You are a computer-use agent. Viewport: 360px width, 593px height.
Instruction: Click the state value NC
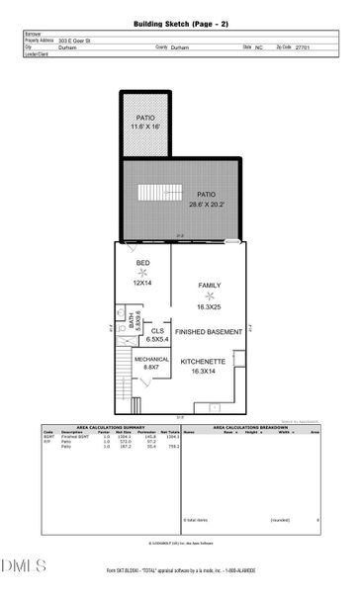(x=259, y=46)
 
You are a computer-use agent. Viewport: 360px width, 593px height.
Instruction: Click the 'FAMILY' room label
(x=209, y=286)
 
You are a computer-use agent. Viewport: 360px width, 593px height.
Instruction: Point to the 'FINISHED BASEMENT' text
(x=209, y=332)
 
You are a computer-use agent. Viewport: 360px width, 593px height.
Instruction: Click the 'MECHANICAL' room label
(x=151, y=360)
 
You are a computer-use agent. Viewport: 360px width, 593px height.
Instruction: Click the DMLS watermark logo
(x=24, y=565)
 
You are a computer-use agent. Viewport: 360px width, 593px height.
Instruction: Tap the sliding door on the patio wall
(x=233, y=241)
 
